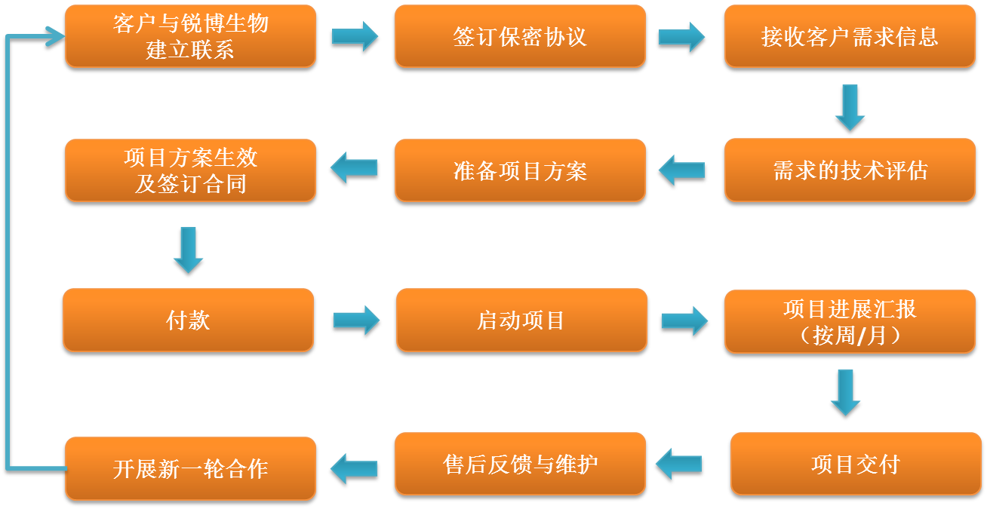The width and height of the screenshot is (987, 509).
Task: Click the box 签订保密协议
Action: click(520, 36)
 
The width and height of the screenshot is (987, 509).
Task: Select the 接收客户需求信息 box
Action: click(850, 36)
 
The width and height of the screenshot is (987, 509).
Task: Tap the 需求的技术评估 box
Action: click(850, 170)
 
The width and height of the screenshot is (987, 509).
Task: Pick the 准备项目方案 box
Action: click(520, 170)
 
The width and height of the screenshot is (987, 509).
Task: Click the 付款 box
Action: click(188, 320)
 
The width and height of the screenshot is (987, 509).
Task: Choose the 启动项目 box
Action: click(521, 320)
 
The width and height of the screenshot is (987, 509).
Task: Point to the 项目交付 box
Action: click(856, 463)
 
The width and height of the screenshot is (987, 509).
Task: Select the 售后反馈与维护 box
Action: click(520, 463)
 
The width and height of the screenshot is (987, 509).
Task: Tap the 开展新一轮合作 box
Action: click(190, 468)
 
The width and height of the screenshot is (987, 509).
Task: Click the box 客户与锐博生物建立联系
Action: click(190, 36)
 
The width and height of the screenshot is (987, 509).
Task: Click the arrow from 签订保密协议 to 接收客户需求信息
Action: click(681, 36)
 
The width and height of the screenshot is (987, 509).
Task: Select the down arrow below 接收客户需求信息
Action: click(850, 106)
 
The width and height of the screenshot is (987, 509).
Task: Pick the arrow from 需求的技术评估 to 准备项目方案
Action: click(681, 170)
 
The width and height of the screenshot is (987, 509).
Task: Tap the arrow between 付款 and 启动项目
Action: click(356, 320)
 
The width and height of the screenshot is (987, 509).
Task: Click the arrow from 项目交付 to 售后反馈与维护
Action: click(678, 463)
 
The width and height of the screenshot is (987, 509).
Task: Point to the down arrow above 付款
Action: click(188, 249)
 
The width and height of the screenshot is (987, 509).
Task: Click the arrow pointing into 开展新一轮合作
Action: click(353, 468)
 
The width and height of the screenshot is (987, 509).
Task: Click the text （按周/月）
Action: click(850, 335)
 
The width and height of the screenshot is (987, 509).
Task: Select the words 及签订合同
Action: click(190, 184)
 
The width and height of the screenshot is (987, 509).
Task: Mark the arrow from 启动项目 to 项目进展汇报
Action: click(684, 320)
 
